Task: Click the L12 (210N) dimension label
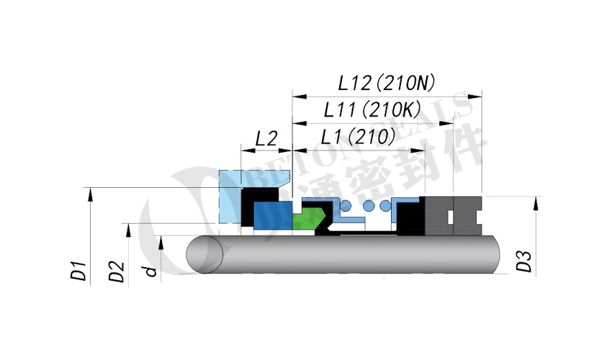pyautogui.click(x=387, y=83)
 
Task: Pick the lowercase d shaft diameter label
pyautogui.click(x=151, y=271)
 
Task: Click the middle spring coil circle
pyautogui.click(x=369, y=207)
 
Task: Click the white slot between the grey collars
pyautogui.click(x=452, y=216)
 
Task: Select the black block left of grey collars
pyautogui.click(x=410, y=217)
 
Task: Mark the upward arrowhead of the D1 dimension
pyautogui.click(x=89, y=192)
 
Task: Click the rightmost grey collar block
pyautogui.click(x=468, y=216)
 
